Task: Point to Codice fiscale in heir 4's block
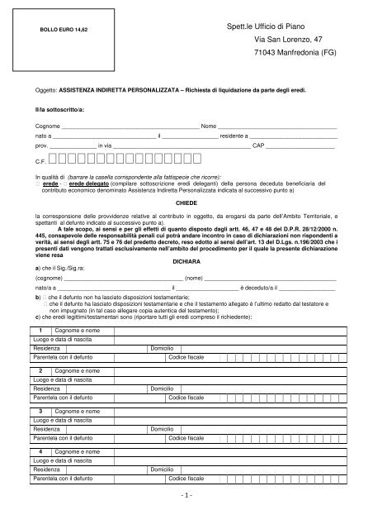click(x=187, y=479)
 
